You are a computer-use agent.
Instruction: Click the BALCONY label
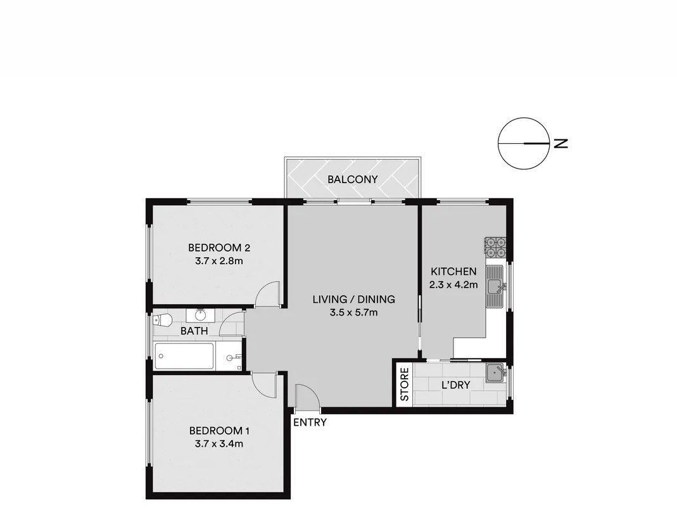point(352,179)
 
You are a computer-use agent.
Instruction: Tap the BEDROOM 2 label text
point(219,248)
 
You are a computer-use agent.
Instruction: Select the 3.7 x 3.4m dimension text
point(219,443)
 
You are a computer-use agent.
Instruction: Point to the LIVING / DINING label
point(353,299)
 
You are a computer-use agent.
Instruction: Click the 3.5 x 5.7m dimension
point(353,312)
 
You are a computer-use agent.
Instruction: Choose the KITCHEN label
point(454,272)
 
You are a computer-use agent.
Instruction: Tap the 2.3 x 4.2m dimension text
point(453,284)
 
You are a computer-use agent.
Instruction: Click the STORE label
point(405,385)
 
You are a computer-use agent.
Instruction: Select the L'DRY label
point(456,385)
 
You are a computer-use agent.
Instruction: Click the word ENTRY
point(310,423)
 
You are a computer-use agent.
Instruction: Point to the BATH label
point(194,331)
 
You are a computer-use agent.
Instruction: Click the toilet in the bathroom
point(163,321)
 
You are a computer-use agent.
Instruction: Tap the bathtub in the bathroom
point(184,356)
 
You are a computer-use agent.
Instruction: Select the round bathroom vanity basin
point(200,315)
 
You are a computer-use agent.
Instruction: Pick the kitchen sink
point(495,286)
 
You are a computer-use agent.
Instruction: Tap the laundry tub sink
point(495,374)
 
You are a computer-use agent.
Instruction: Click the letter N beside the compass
point(560,143)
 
